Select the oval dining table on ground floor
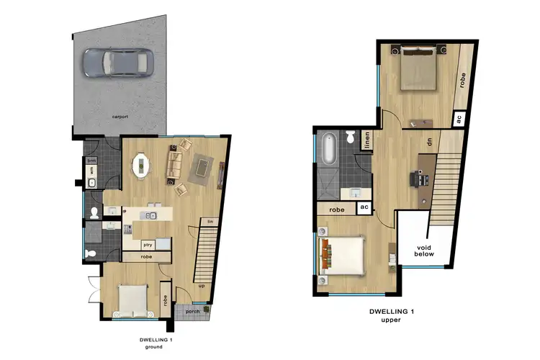pos(141,166)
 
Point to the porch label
pos(192,311)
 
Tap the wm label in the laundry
pos(92,170)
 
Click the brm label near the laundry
pos(92,161)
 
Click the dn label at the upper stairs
pos(430,143)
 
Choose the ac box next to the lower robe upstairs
pos(364,207)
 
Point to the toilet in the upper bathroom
pos(349,136)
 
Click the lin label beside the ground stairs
pos(211,220)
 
